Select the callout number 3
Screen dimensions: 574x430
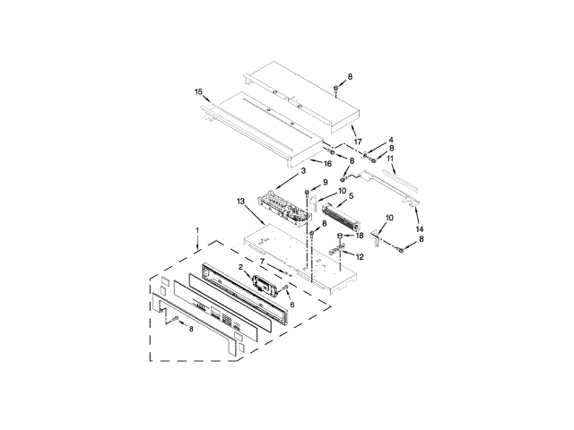303,170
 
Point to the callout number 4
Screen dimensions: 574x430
391,140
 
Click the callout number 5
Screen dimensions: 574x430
352,195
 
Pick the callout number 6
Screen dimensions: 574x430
291,305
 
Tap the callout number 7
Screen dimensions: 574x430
262,262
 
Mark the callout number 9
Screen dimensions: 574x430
325,183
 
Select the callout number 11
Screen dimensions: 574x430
390,159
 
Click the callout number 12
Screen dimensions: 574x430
360,257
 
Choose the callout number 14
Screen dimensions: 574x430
421,229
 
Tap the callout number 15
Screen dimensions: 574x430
199,91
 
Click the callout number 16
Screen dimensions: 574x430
327,164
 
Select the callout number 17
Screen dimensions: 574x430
357,142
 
